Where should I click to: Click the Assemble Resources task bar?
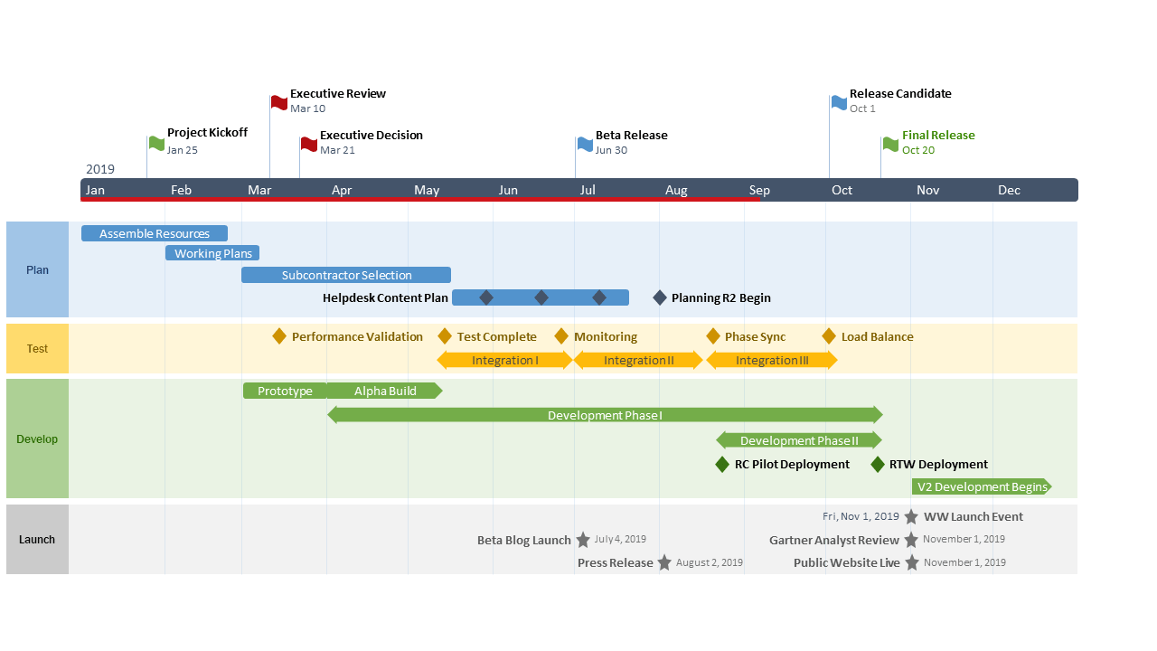(x=154, y=233)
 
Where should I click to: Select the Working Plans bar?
(x=212, y=253)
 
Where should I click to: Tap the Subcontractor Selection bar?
(x=346, y=275)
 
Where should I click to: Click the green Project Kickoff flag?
(x=156, y=143)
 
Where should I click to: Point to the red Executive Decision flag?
(x=309, y=144)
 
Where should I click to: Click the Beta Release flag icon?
(x=585, y=144)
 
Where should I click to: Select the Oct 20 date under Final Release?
(x=917, y=150)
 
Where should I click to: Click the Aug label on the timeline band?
(x=676, y=190)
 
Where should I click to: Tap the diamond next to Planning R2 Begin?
(x=660, y=297)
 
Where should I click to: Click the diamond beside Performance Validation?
(x=279, y=336)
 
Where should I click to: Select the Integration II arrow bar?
(x=638, y=360)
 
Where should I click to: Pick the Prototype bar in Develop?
(x=285, y=391)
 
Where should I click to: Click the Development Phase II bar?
(x=799, y=440)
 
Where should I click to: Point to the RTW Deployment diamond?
(x=878, y=464)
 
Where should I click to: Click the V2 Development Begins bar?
(x=982, y=486)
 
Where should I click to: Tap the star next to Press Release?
(x=664, y=562)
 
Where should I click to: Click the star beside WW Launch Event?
(x=911, y=516)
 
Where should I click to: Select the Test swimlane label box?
(x=37, y=349)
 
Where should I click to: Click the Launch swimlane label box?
(x=37, y=539)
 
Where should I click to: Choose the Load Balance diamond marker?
(x=829, y=336)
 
